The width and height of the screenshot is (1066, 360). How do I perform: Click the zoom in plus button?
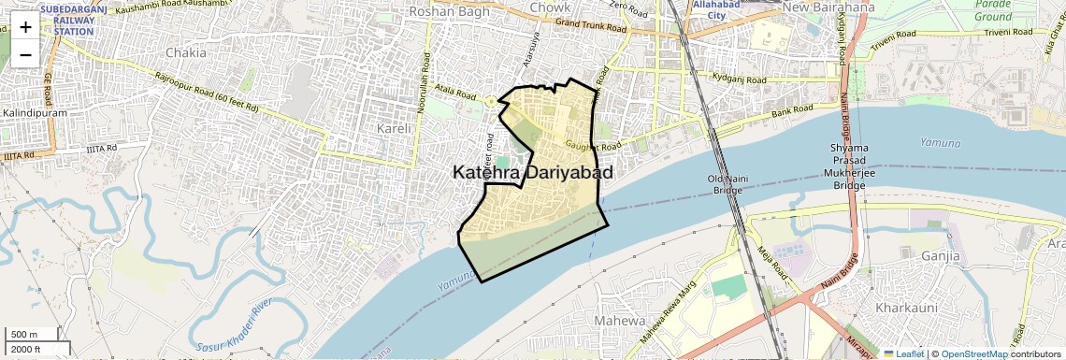25,27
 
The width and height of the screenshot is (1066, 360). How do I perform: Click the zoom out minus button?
25,54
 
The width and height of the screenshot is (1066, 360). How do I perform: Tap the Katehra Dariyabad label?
533,173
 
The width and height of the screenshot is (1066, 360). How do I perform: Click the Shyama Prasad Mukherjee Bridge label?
848,166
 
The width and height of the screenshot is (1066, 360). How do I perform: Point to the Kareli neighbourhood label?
393,127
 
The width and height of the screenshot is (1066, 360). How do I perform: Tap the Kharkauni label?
906,307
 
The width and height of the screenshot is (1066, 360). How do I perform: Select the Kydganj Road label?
738,78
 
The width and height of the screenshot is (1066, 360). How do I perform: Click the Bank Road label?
795,114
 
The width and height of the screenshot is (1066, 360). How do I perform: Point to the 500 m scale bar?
25,335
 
